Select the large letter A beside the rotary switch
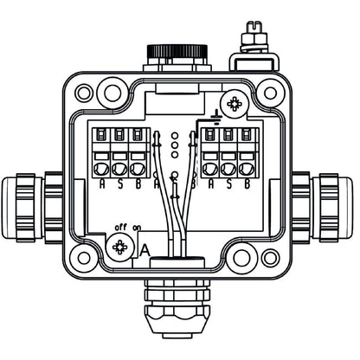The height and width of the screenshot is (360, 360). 145,250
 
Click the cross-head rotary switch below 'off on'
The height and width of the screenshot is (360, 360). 120,249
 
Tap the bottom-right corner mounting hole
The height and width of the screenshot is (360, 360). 270,258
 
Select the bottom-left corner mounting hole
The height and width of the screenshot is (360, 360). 82,258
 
